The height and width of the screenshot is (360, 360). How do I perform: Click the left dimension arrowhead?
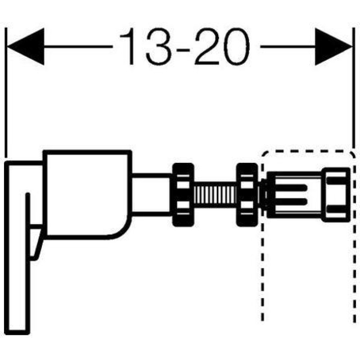(x=25, y=47)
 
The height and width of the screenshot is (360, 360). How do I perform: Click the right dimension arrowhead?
(x=333, y=47)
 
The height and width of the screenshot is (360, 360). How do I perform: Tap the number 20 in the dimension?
(x=222, y=46)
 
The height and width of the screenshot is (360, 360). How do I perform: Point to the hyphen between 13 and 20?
(x=183, y=49)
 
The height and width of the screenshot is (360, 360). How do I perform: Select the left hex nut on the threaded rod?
(x=183, y=195)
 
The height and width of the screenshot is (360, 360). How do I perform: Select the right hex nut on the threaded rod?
(x=247, y=195)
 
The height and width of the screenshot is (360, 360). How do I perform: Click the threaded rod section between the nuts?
(x=215, y=195)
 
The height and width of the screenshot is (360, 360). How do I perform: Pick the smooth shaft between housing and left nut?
(x=152, y=195)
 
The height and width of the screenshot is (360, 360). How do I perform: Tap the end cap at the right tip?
(x=336, y=195)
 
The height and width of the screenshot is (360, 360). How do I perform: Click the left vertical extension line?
(x=6, y=93)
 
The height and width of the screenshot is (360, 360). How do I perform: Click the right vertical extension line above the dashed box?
(x=353, y=88)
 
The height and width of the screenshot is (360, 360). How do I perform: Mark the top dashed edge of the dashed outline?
(x=308, y=152)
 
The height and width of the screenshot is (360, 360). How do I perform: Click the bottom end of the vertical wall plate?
(x=18, y=333)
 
